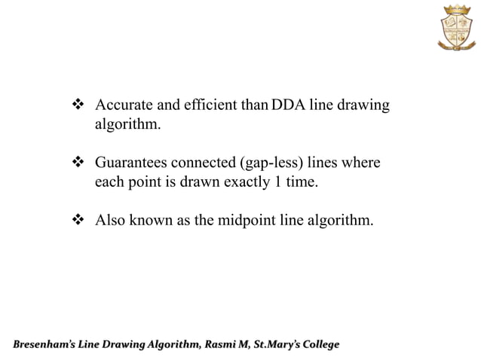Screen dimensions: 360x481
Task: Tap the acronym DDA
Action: pyautogui.click(x=287, y=106)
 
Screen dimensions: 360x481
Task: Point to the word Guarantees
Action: pyautogui.click(x=131, y=163)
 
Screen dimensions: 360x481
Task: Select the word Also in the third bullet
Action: pyautogui.click(x=109, y=221)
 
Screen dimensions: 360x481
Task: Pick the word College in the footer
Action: pyautogui.click(x=322, y=345)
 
